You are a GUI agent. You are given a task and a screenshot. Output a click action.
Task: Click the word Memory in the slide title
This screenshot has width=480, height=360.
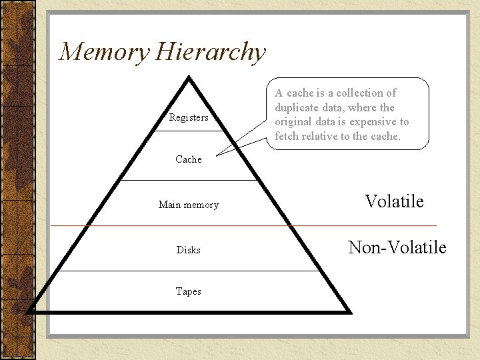click(104, 52)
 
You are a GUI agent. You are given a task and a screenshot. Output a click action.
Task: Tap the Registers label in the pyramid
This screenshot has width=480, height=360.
click(189, 118)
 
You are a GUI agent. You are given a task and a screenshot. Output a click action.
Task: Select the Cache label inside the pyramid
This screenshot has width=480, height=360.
click(189, 159)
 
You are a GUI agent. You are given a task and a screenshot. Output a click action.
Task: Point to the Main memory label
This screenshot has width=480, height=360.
click(189, 205)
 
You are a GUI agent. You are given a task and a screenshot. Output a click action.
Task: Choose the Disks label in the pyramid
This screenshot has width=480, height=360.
click(189, 250)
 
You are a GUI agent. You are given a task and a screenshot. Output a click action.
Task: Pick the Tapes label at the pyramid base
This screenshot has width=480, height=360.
click(189, 291)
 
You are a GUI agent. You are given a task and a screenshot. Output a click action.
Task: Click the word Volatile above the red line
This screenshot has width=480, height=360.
click(394, 201)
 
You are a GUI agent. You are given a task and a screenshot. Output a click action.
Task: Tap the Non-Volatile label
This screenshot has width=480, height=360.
click(397, 248)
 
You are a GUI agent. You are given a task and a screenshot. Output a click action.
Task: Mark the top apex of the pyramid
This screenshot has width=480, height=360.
click(190, 78)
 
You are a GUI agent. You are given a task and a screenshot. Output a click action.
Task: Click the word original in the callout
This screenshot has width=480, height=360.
click(293, 122)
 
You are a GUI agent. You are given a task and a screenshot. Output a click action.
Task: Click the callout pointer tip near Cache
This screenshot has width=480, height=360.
click(217, 156)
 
